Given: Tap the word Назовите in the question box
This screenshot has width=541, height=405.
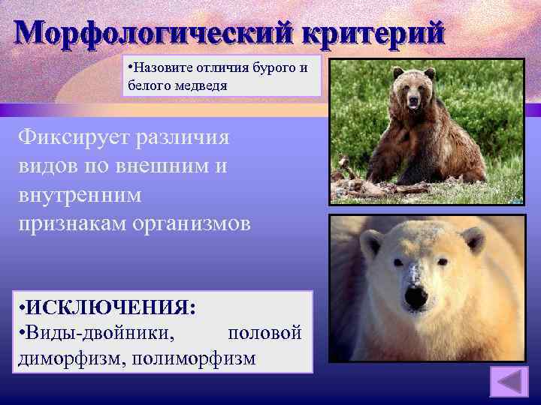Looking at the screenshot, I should pos(157,68).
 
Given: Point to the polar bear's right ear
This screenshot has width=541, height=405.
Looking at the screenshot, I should pos(473,240).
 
